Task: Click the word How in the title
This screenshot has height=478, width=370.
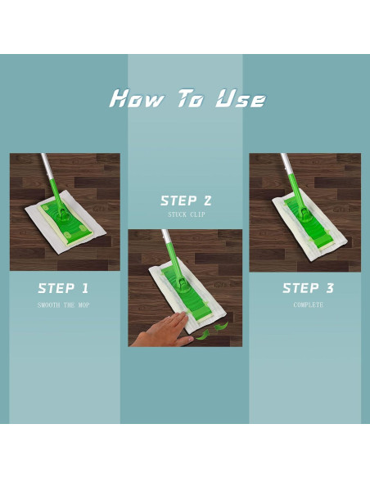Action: pyautogui.click(x=137, y=98)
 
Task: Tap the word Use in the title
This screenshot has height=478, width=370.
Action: pyautogui.click(x=241, y=98)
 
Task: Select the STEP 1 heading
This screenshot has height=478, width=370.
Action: pyautogui.click(x=63, y=288)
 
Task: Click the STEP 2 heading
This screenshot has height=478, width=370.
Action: pyautogui.click(x=186, y=201)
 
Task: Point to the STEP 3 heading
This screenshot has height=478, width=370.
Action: pyautogui.click(x=308, y=288)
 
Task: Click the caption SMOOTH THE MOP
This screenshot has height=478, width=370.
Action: pyautogui.click(x=63, y=305)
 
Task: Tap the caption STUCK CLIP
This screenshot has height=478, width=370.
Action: pyautogui.click(x=186, y=214)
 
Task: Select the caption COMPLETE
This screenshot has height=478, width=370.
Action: pyautogui.click(x=308, y=304)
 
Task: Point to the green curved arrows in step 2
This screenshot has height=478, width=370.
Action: pyautogui.click(x=211, y=331)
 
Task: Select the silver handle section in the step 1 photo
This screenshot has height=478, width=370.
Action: pyautogui.click(x=46, y=165)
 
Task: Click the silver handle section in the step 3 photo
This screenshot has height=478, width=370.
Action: pyautogui.click(x=286, y=164)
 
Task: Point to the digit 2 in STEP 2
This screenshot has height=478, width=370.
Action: pyautogui.click(x=206, y=201)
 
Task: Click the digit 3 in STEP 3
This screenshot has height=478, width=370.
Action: pyautogui.click(x=329, y=288)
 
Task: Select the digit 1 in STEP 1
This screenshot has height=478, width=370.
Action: pyautogui.click(x=85, y=288)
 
